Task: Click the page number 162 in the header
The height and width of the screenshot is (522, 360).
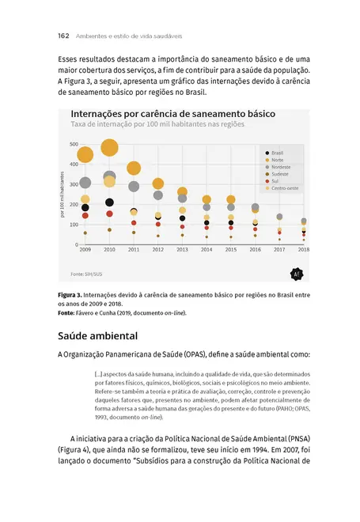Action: click(x=43, y=36)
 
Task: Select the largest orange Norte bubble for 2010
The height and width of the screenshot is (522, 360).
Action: click(x=109, y=148)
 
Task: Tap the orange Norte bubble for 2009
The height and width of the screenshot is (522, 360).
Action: click(x=85, y=154)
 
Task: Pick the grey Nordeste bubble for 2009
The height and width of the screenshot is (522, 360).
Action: click(x=85, y=183)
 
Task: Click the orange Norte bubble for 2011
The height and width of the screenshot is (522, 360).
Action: click(x=134, y=168)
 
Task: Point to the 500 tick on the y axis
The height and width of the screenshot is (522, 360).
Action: click(x=74, y=144)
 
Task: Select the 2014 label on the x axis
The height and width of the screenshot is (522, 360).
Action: click(x=207, y=250)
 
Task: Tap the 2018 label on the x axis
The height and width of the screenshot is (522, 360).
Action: click(x=304, y=250)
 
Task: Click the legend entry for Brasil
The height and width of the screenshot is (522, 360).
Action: click(x=276, y=153)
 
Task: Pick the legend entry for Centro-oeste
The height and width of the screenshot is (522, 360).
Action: click(x=284, y=188)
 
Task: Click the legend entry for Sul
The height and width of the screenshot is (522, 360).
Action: click(x=274, y=181)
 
